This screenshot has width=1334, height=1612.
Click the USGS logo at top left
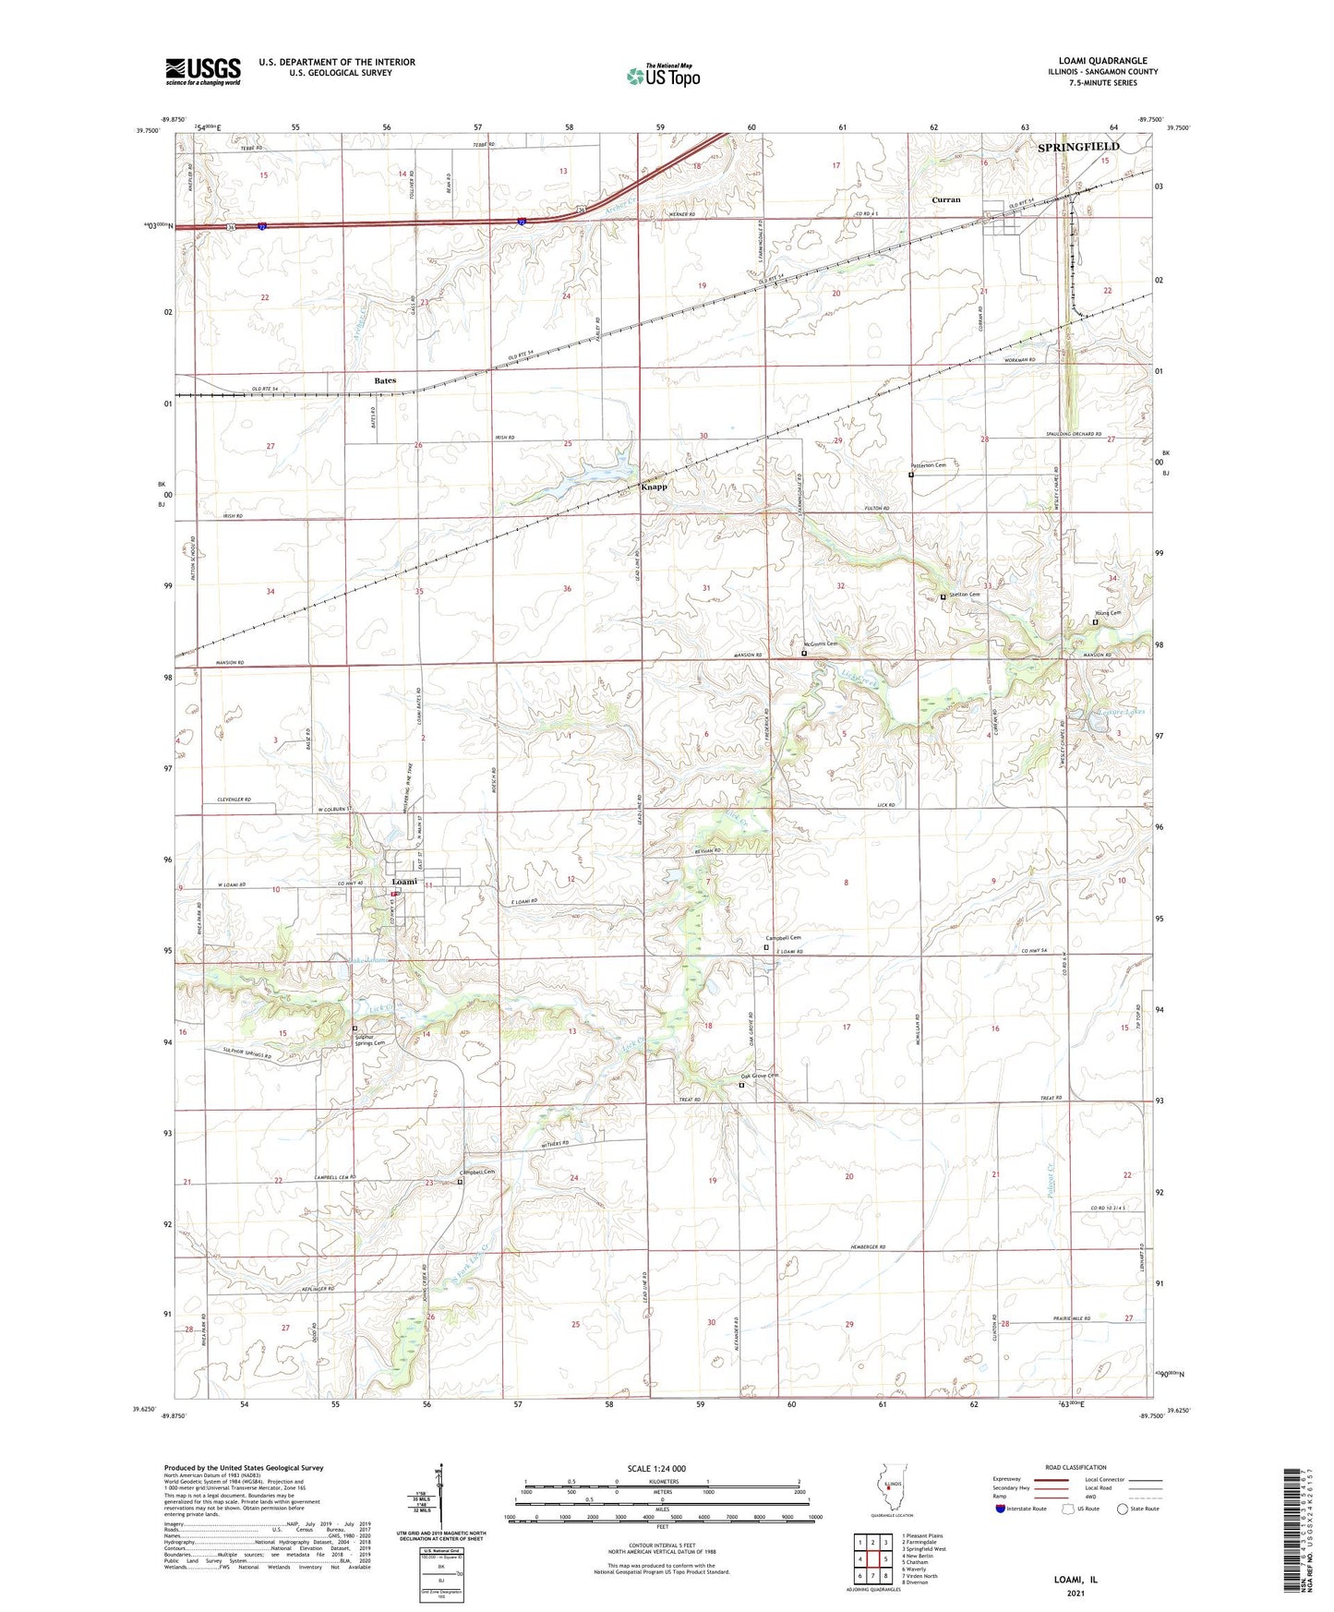pyautogui.click(x=202, y=71)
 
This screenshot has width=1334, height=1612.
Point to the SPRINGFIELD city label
pyautogui.click(x=1077, y=147)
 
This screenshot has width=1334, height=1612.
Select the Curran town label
pyautogui.click(x=945, y=199)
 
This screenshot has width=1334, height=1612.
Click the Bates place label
pyautogui.click(x=385, y=380)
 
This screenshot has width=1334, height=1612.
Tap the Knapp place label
pyautogui.click(x=654, y=487)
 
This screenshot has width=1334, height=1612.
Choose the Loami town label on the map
pyautogui.click(x=401, y=881)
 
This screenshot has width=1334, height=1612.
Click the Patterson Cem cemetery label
pyautogui.click(x=930, y=465)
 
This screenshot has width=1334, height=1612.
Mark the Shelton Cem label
pyautogui.click(x=961, y=595)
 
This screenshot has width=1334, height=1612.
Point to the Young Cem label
pyautogui.click(x=1107, y=613)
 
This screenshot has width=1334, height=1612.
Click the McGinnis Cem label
pyautogui.click(x=820, y=644)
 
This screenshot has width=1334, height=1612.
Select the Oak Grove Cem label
pyautogui.click(x=760, y=1076)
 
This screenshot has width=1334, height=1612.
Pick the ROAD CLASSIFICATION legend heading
pyautogui.click(x=1075, y=1467)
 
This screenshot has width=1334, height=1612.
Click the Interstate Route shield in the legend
pyautogui.click(x=1002, y=1509)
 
